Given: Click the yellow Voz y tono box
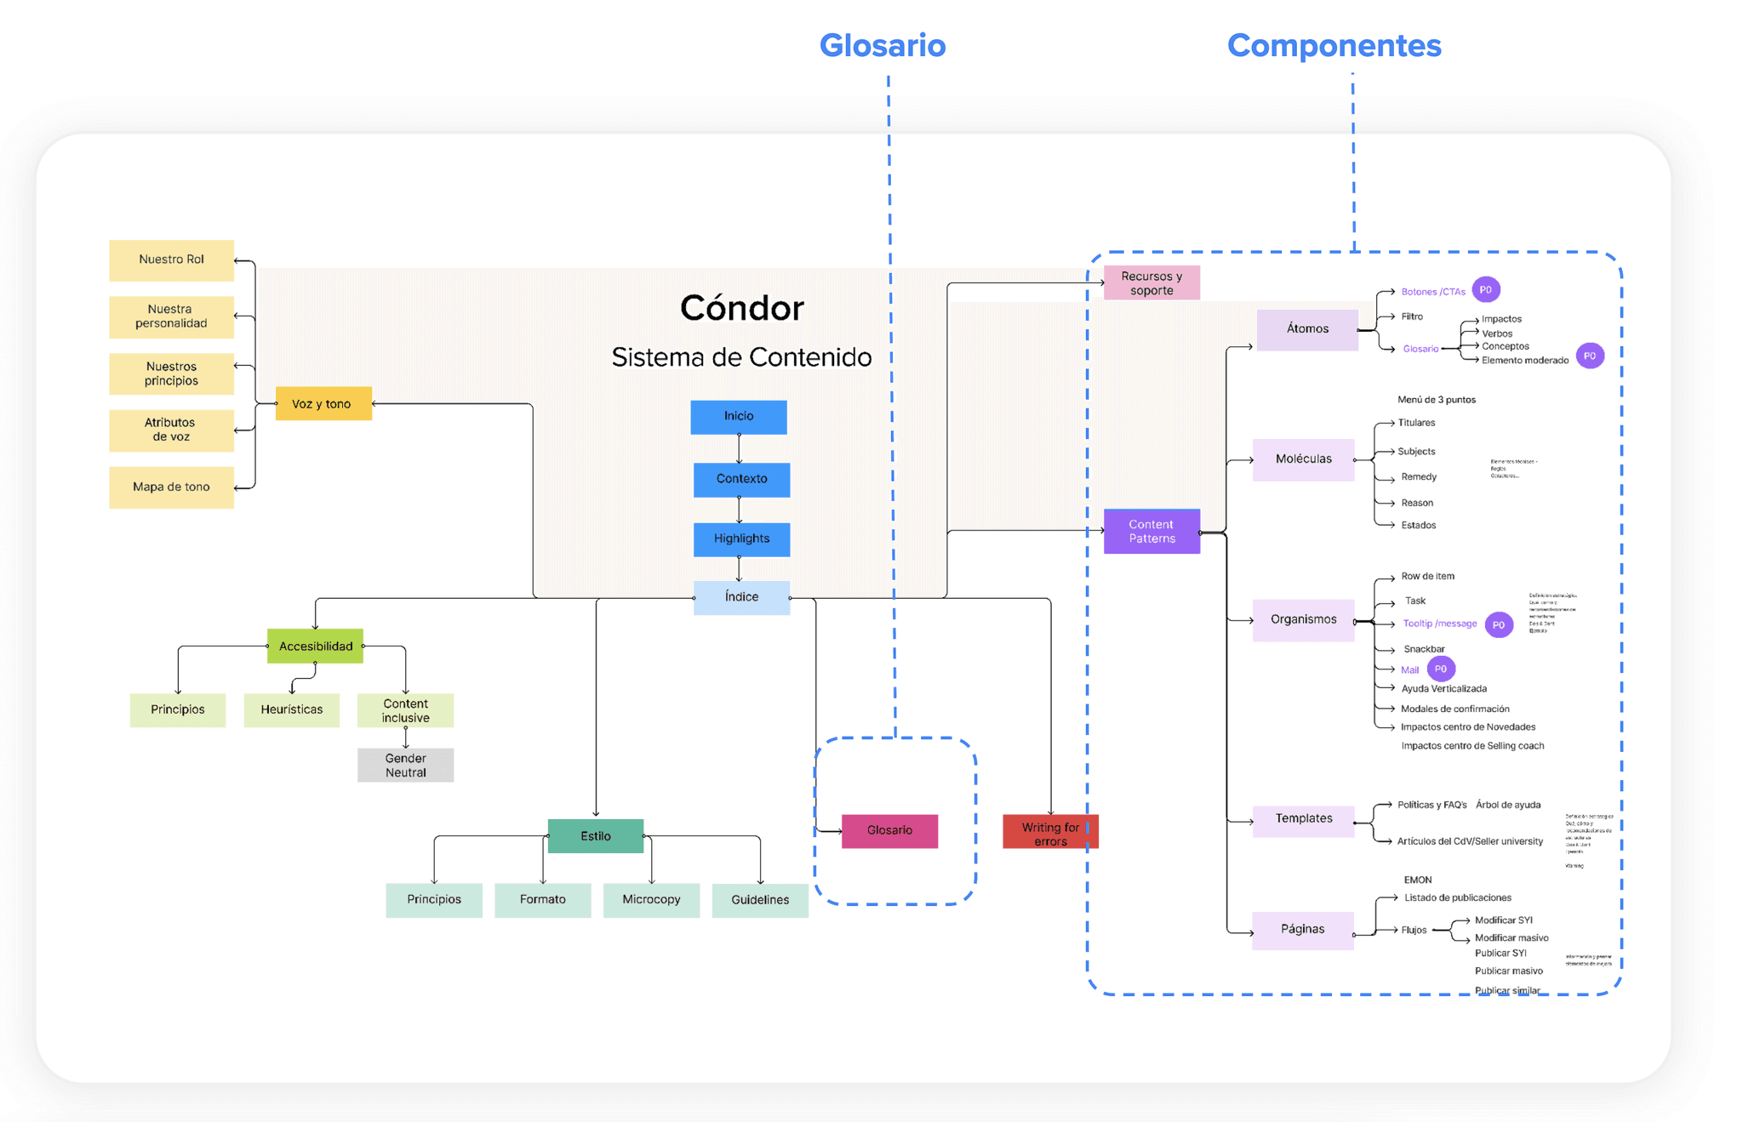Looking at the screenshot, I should tap(323, 404).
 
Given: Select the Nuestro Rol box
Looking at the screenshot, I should tap(171, 259).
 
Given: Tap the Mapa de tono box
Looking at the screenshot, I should tap(171, 487).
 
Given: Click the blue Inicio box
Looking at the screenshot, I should tap(739, 417).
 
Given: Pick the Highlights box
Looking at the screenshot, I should tap(741, 539).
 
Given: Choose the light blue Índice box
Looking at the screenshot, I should tap(741, 597).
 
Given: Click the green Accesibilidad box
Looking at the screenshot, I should tap(315, 646).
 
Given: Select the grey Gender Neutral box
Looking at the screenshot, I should tap(405, 766).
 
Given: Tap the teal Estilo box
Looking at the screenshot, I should tap(596, 836).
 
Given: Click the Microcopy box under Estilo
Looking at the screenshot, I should tap(651, 900).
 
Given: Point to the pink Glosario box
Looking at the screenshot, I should tap(889, 831).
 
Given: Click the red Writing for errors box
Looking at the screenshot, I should tap(1050, 833).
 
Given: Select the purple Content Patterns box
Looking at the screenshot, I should tap(1152, 532).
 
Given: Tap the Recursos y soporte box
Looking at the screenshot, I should tap(1152, 283).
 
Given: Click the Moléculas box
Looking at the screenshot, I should tap(1303, 459).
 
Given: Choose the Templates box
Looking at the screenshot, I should tap(1303, 819).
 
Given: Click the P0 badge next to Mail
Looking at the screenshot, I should tap(1441, 669).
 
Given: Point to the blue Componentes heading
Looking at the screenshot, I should tap(1334, 46).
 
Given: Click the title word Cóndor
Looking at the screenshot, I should tap(741, 308).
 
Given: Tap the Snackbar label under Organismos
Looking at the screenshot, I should tap(1424, 649).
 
